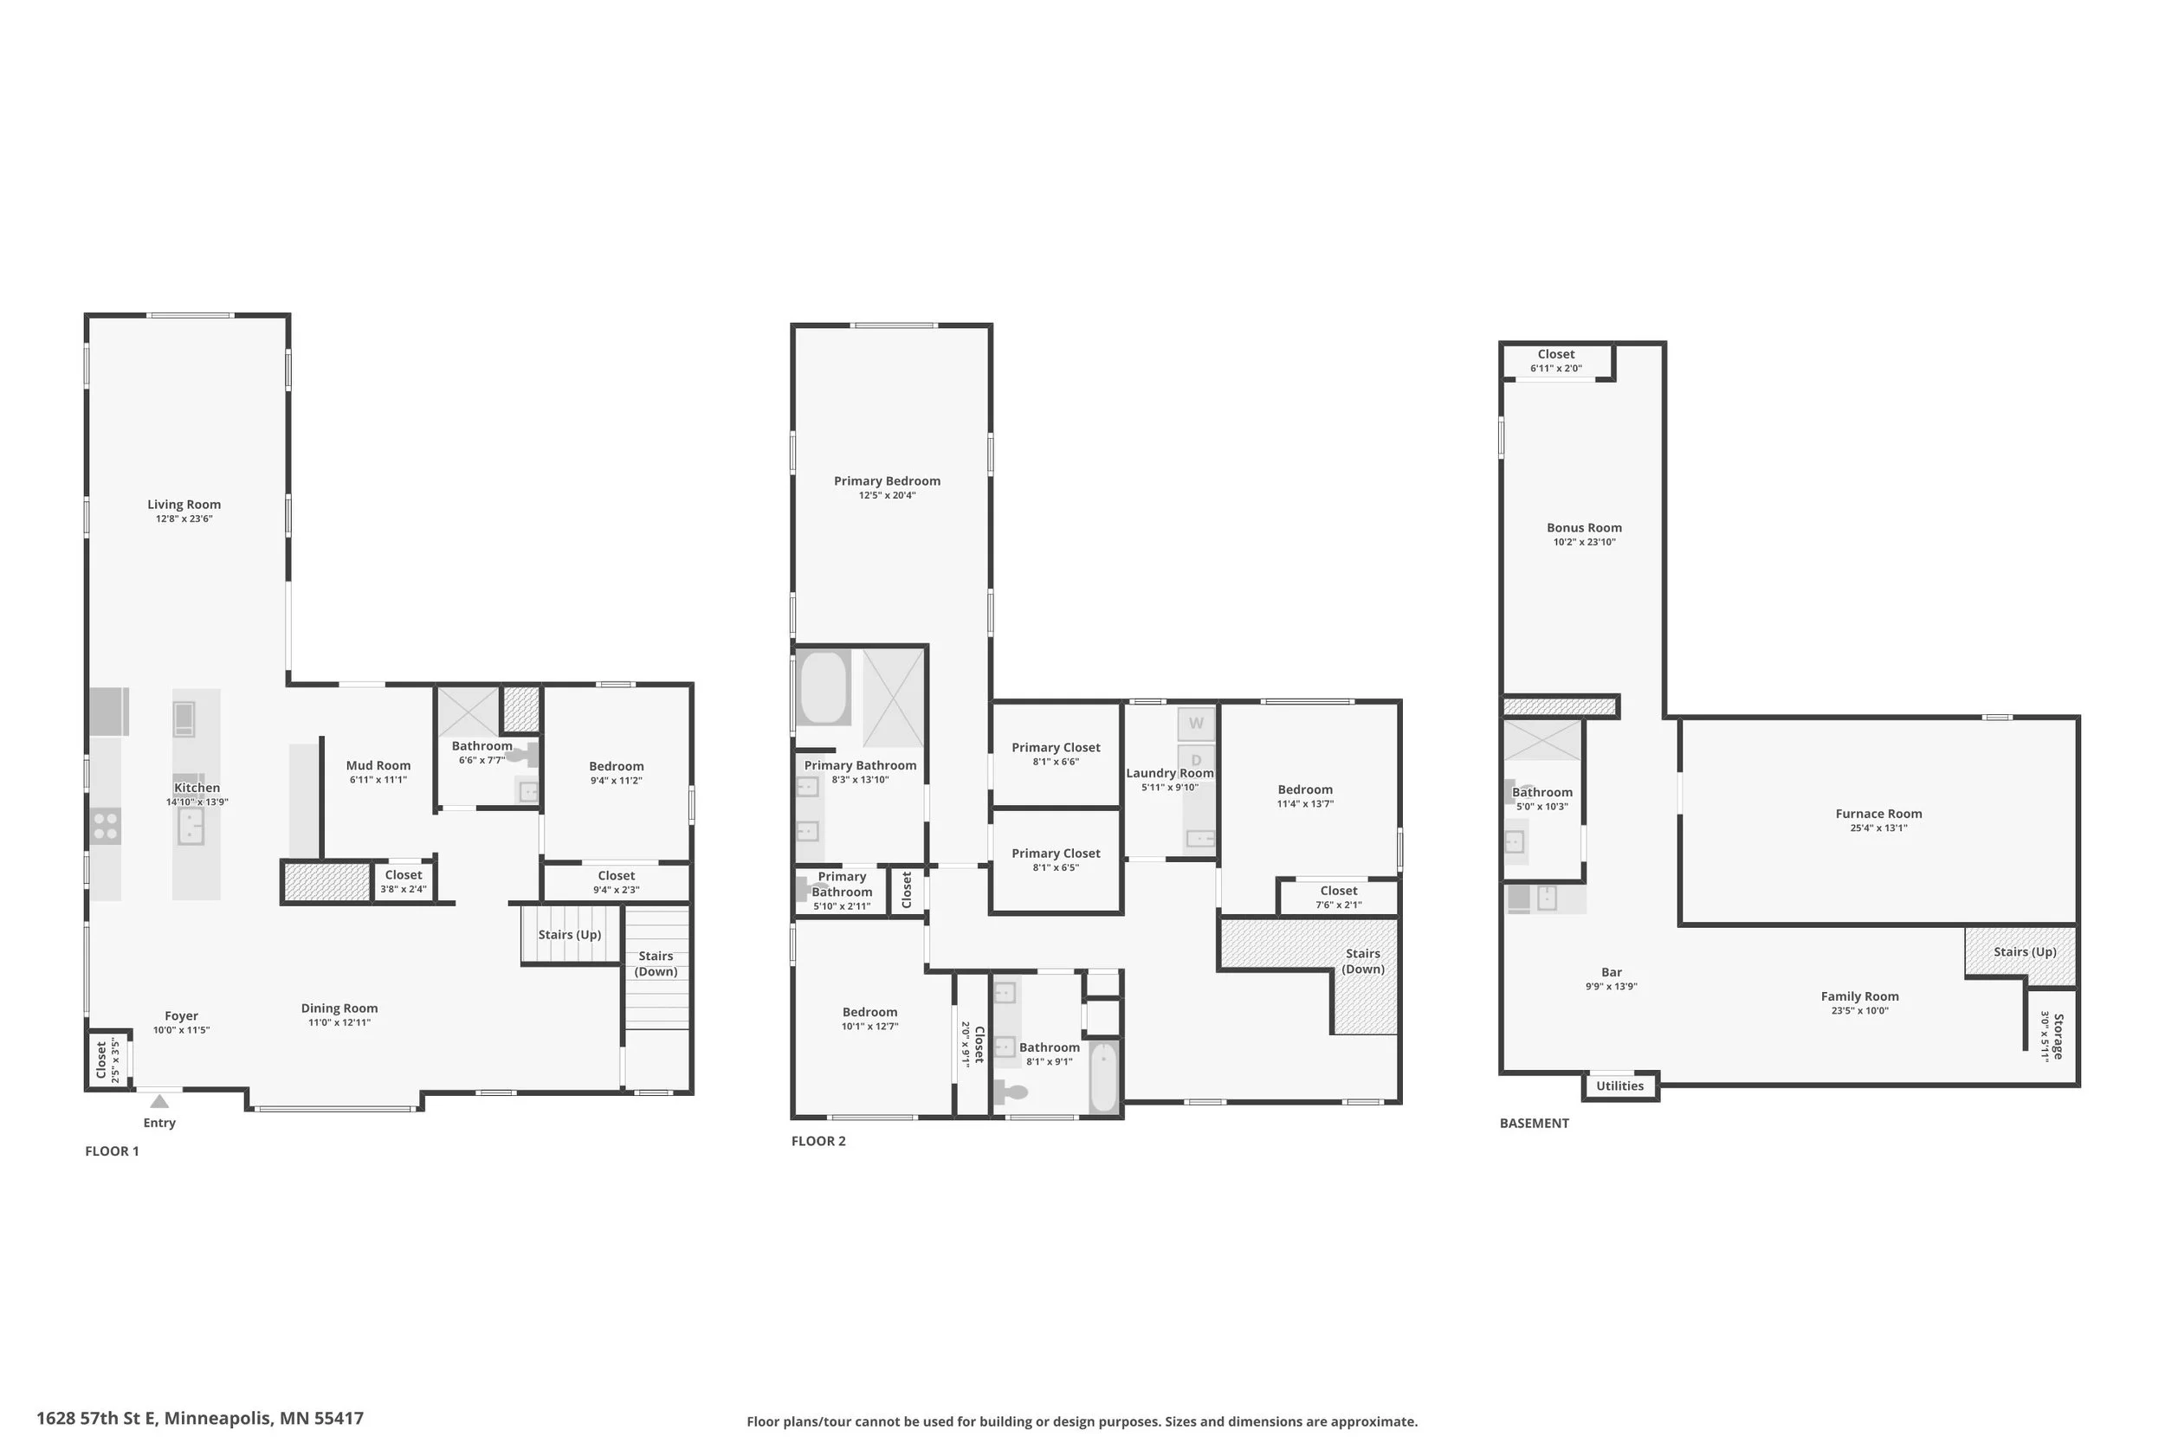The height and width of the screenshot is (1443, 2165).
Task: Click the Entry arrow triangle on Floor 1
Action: pyautogui.click(x=159, y=1101)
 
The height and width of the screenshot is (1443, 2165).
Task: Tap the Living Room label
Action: pyautogui.click(x=184, y=505)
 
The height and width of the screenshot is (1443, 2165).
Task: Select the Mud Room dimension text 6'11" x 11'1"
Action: pyautogui.click(x=378, y=779)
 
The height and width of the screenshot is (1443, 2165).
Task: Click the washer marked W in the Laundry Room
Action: pyautogui.click(x=1196, y=724)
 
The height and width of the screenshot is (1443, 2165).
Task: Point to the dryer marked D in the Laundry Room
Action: pyautogui.click(x=1196, y=760)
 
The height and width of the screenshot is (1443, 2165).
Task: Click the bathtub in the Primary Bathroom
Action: pyautogui.click(x=824, y=687)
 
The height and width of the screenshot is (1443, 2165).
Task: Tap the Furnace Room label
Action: pyautogui.click(x=1877, y=814)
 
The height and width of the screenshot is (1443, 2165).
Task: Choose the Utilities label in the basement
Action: pyautogui.click(x=1619, y=1086)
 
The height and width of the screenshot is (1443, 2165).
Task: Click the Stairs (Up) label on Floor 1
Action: pyautogui.click(x=570, y=935)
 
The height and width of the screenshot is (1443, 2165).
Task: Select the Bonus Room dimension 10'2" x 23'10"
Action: pyautogui.click(x=1584, y=542)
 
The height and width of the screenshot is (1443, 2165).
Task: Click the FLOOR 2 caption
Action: pyautogui.click(x=818, y=1141)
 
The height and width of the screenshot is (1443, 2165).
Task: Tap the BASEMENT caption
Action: pyautogui.click(x=1535, y=1123)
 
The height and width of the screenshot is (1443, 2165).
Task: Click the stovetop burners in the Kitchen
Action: pyautogui.click(x=106, y=826)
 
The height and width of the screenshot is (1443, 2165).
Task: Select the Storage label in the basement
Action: pyautogui.click(x=2059, y=1036)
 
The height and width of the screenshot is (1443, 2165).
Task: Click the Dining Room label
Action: pyautogui.click(x=339, y=1008)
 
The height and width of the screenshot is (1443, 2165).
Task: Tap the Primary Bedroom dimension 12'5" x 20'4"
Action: pyautogui.click(x=888, y=495)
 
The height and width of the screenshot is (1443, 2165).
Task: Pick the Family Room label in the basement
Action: pyautogui.click(x=1859, y=996)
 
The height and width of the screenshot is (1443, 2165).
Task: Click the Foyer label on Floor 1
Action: pyautogui.click(x=181, y=1016)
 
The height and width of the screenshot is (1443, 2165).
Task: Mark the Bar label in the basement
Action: pyautogui.click(x=1611, y=972)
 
